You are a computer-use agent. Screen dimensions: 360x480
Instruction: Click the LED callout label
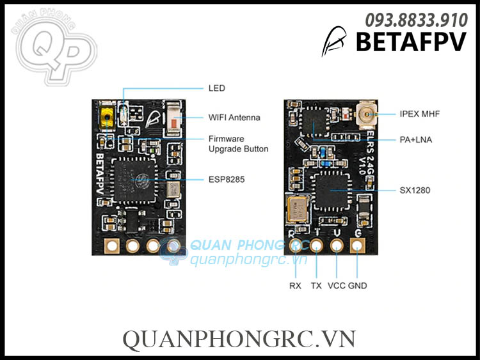click(217, 88)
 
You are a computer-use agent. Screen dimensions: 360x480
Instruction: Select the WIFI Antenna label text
click(234, 118)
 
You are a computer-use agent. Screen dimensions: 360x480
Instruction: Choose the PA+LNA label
click(415, 139)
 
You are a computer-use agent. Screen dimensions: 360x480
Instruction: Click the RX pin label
click(295, 286)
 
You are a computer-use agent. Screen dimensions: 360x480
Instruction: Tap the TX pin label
click(316, 286)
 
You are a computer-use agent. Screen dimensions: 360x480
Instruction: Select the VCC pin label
click(337, 286)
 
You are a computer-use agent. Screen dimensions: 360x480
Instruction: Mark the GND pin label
click(358, 286)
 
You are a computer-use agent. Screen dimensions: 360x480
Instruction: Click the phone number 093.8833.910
click(416, 20)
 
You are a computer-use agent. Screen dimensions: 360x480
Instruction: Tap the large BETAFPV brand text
click(411, 42)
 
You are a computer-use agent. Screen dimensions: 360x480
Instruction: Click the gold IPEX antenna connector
click(365, 115)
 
